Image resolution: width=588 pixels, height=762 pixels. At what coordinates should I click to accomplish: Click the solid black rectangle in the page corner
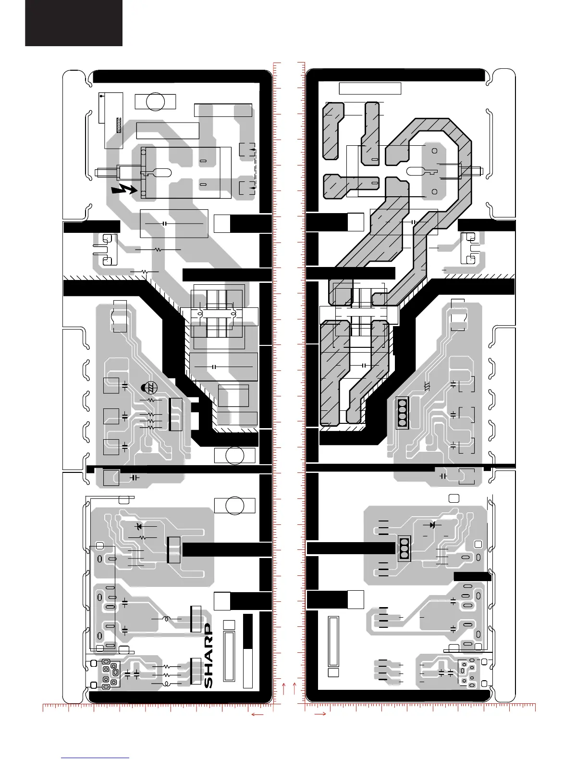[73, 23]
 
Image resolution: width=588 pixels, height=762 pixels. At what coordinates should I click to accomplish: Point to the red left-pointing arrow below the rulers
[257, 715]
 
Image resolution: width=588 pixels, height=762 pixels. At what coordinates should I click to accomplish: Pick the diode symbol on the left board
[139, 526]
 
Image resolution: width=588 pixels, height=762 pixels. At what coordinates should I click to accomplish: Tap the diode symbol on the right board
[432, 524]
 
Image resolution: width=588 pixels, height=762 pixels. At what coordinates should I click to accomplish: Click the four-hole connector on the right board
[403, 413]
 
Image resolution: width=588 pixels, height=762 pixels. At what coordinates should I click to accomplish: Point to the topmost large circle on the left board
[155, 102]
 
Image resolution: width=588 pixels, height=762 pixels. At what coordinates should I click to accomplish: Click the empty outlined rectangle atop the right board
[370, 89]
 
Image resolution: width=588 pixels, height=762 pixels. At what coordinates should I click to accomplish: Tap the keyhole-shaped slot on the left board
[160, 172]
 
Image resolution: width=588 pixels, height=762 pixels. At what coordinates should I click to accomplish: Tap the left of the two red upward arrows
[284, 688]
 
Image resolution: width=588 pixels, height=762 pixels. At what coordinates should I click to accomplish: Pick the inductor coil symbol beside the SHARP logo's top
[166, 618]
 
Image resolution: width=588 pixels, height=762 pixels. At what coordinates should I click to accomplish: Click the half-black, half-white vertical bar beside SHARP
[248, 651]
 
